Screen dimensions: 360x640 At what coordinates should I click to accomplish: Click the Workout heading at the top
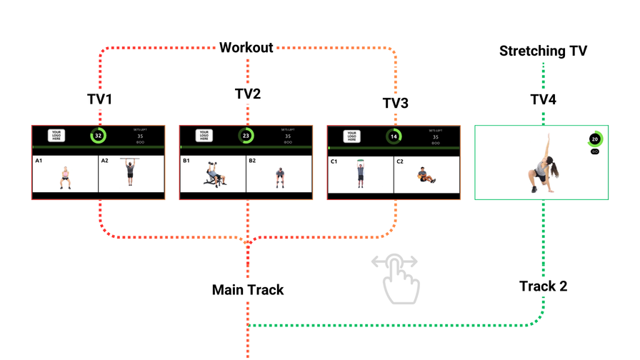[x=246, y=48]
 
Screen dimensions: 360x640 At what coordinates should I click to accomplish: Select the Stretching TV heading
[x=543, y=51]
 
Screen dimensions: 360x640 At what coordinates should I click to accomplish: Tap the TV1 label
[x=99, y=99]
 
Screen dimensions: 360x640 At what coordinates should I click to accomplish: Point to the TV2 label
[x=247, y=94]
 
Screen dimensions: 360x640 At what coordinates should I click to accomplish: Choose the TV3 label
[x=395, y=104]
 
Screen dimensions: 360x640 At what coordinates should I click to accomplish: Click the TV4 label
[x=543, y=99]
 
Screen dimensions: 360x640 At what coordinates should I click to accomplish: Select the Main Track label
[x=248, y=290]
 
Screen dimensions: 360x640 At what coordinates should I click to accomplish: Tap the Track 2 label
[x=543, y=286]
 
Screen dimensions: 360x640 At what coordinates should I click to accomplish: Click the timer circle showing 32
[x=98, y=136]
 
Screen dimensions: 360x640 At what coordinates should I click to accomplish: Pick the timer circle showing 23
[x=246, y=136]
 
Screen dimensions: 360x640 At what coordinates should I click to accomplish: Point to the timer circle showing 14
[x=394, y=136]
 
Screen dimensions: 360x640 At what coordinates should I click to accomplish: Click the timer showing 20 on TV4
[x=594, y=139]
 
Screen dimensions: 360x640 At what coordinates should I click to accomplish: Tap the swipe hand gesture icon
[x=397, y=278]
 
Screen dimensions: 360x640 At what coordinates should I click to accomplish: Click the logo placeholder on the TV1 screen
[x=56, y=136]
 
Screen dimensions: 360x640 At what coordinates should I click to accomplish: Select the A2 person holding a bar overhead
[x=130, y=172]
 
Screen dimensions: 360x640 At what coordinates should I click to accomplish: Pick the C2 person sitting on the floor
[x=426, y=175]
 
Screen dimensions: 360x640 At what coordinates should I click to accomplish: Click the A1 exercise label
[x=39, y=161]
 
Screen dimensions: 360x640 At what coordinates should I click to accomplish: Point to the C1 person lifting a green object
[x=361, y=174]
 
